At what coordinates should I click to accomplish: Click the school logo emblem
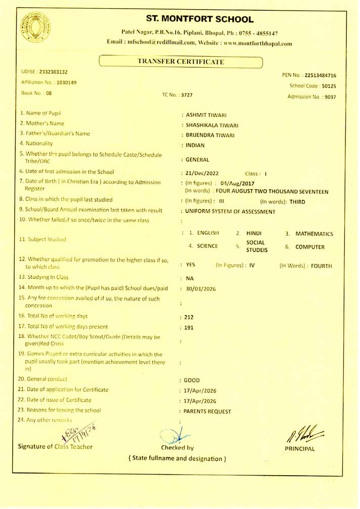click(35, 28)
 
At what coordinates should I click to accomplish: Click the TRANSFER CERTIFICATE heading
click(181, 62)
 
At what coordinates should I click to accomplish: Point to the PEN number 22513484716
click(321, 75)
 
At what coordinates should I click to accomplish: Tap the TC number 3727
click(187, 95)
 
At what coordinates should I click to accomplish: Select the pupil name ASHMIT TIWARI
click(206, 115)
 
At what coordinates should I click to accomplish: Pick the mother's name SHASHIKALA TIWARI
click(212, 125)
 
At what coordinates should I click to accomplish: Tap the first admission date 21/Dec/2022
click(202, 174)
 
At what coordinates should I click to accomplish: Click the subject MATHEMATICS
click(314, 234)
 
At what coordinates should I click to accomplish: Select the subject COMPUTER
click(310, 247)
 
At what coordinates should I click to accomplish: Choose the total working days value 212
click(190, 317)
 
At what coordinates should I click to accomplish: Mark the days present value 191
click(190, 327)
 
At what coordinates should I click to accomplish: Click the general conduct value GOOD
click(192, 380)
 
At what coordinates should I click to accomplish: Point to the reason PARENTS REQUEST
click(207, 411)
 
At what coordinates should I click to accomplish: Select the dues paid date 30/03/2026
click(201, 288)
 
